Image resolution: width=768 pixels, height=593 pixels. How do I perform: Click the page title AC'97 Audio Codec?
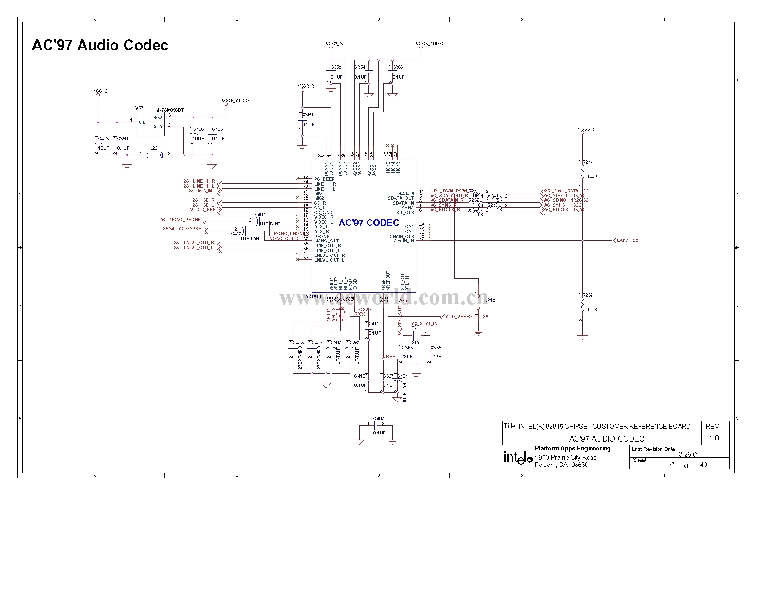[100, 45]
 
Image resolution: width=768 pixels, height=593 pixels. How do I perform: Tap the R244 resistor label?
[588, 162]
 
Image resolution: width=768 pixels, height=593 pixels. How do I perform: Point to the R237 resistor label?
[588, 295]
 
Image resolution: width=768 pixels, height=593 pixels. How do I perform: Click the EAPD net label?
[623, 240]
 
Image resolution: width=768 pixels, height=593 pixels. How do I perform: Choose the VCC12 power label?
[100, 91]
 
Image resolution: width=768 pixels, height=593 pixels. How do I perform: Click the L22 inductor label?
[154, 148]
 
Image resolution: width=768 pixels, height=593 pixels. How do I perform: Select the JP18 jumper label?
[490, 300]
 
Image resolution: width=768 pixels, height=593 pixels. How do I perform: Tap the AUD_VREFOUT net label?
[462, 317]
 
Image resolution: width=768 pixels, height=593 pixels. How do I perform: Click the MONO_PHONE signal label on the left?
[185, 220]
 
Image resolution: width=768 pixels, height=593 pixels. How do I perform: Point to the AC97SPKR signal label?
[190, 228]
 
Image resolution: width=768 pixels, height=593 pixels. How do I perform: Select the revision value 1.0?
[714, 438]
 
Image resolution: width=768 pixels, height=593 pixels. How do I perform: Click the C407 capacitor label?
[378, 419]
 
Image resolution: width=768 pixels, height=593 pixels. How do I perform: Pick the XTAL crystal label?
[416, 343]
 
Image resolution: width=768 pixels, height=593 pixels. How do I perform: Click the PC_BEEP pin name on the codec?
[324, 179]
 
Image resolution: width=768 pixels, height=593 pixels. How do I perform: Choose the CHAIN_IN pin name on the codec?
[403, 241]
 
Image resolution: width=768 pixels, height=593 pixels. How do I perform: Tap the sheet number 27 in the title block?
[671, 464]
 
